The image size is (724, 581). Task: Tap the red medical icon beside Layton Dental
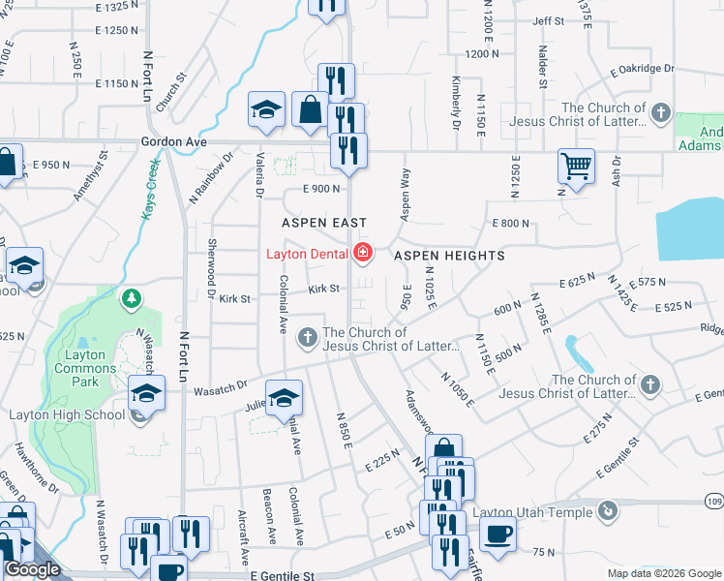click(363, 254)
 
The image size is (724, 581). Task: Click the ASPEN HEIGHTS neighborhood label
click(449, 256)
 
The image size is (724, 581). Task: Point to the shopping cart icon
click(576, 166)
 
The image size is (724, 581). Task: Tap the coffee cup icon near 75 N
click(498, 534)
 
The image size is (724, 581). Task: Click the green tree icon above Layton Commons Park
click(132, 299)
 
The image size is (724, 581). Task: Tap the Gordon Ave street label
click(174, 141)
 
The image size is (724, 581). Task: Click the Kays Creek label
click(151, 189)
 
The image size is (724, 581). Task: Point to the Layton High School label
click(66, 415)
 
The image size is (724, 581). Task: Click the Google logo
click(33, 570)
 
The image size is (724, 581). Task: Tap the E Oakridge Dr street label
click(642, 69)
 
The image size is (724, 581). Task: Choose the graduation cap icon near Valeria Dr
click(265, 110)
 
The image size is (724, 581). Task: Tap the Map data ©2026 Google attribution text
click(664, 573)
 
